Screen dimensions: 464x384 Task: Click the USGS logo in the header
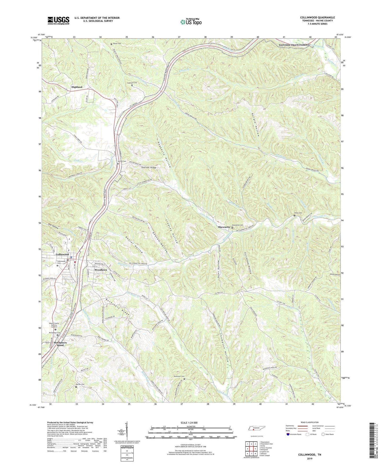(x=58, y=20)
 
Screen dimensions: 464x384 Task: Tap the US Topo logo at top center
(x=191, y=22)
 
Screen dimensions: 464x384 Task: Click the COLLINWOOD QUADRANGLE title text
(x=317, y=18)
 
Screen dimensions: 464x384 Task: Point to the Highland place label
(x=77, y=87)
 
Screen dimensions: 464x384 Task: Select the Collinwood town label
(x=62, y=254)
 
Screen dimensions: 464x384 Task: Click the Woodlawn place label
(x=101, y=270)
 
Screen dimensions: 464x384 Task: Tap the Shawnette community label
(x=224, y=227)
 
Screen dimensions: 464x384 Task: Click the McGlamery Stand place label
(x=60, y=344)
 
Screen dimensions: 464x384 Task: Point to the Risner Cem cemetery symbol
(x=111, y=44)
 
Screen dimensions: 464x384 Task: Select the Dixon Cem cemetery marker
(x=294, y=216)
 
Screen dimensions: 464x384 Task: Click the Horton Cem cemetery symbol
(x=76, y=387)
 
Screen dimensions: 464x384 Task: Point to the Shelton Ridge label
(x=149, y=168)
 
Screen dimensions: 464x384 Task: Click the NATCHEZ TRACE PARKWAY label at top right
(x=294, y=45)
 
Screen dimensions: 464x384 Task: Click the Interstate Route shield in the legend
(x=288, y=435)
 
